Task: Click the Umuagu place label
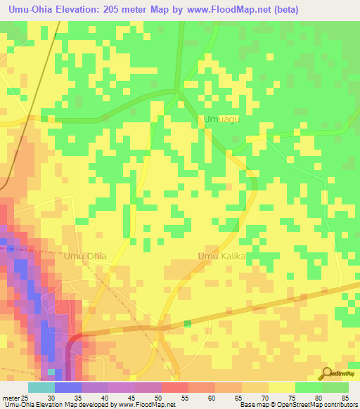coord(221,120)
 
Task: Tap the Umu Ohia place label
coord(85,257)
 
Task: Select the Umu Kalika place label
coord(221,257)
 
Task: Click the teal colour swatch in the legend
coord(41,387)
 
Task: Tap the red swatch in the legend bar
coord(174,387)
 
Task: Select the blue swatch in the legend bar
coord(67,387)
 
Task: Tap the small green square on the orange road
coord(187,323)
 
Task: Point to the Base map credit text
coord(295,405)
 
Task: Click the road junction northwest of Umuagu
coord(180,90)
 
